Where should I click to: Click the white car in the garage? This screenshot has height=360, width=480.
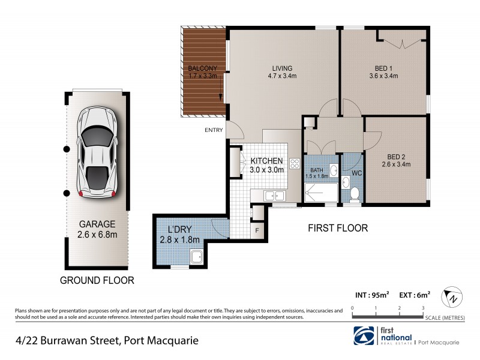(97, 153)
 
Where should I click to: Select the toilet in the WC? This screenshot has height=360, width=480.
(355, 194)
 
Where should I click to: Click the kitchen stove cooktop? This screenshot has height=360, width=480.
(295, 163)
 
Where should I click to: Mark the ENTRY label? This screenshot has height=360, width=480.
(214, 130)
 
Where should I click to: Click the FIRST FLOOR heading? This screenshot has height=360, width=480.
(337, 228)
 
